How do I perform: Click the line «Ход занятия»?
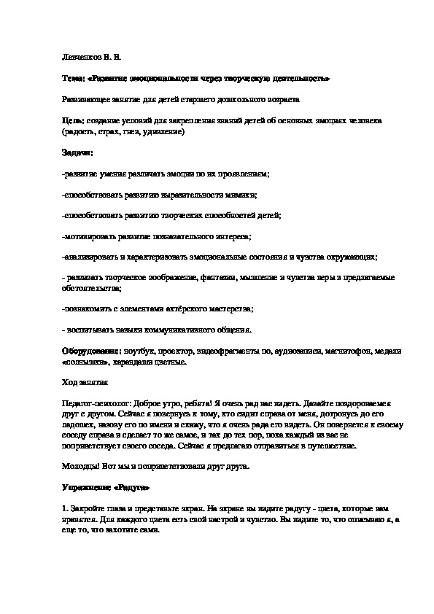86,381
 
